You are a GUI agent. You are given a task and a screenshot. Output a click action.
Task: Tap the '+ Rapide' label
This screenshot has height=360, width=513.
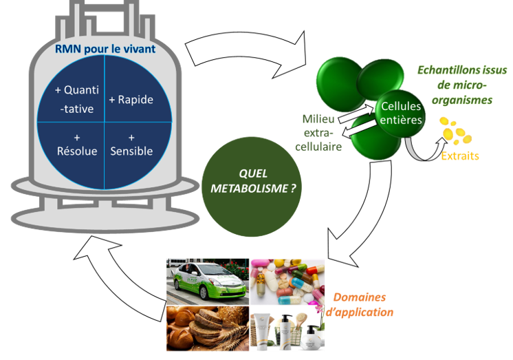click(x=131, y=100)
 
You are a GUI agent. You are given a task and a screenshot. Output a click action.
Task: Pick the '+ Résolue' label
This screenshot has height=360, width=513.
click(x=76, y=143)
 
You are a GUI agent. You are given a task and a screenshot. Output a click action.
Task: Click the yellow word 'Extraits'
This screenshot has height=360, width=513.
click(x=461, y=156)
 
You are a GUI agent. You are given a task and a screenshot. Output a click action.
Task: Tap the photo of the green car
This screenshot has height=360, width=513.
click(x=207, y=281)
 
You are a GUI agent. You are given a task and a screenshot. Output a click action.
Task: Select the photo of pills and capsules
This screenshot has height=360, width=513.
click(x=286, y=281)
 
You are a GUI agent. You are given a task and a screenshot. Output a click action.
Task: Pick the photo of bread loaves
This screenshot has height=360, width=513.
click(x=207, y=328)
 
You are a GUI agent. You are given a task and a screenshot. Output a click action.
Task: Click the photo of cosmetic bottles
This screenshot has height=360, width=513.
click(x=286, y=328)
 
